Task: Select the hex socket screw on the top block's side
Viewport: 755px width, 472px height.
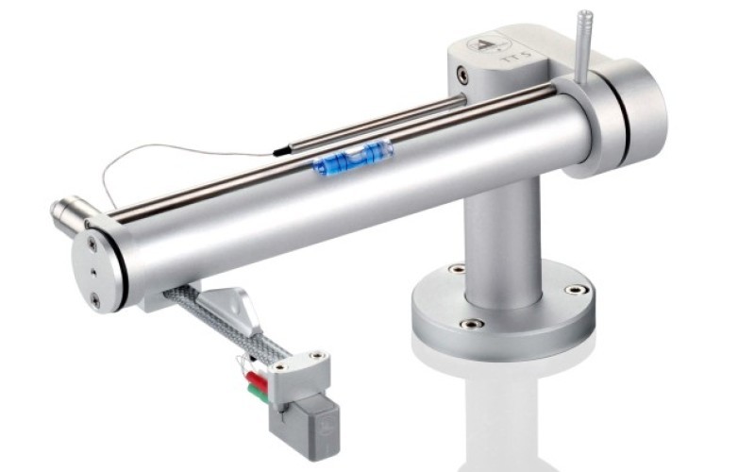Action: [461, 74]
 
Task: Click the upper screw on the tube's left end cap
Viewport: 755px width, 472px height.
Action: [92, 244]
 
